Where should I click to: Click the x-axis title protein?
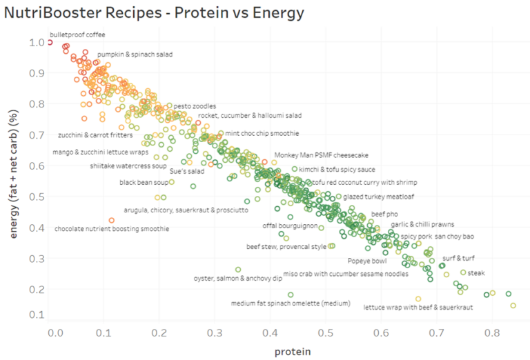coord(292,351)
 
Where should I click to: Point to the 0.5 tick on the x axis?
coord(326,332)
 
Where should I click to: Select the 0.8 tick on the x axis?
coord(492,332)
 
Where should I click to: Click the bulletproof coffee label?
coord(77,34)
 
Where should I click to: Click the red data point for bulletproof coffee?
coord(50,42)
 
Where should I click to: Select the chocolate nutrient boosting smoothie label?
coord(107,228)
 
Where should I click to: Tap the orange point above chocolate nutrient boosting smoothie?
coord(112,220)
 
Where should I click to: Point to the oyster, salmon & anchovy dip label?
coord(237,279)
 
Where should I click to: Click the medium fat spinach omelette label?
coord(291,303)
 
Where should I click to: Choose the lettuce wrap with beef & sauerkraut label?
coord(418,308)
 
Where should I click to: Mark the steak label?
coord(477,273)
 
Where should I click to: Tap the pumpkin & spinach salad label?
coord(135,54)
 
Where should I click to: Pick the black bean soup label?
coord(144,183)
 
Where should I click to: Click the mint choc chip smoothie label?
coord(262,132)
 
